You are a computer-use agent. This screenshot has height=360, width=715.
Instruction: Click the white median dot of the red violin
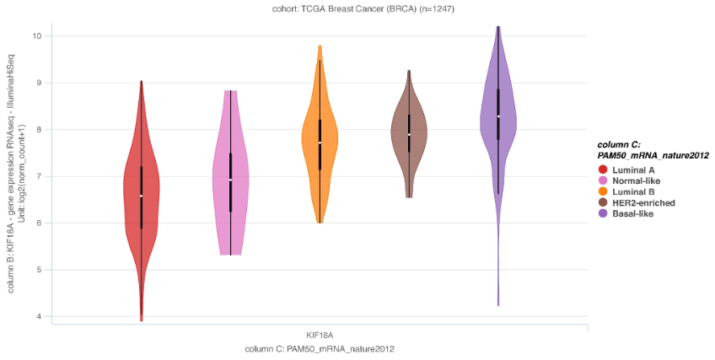click(x=141, y=196)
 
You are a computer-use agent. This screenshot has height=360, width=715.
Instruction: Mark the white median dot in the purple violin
click(x=498, y=116)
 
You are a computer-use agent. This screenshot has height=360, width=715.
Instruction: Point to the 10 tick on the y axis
click(x=38, y=35)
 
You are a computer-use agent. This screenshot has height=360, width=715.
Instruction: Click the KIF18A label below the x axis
click(x=320, y=335)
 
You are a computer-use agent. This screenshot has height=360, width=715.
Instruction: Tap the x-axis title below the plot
click(x=320, y=348)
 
